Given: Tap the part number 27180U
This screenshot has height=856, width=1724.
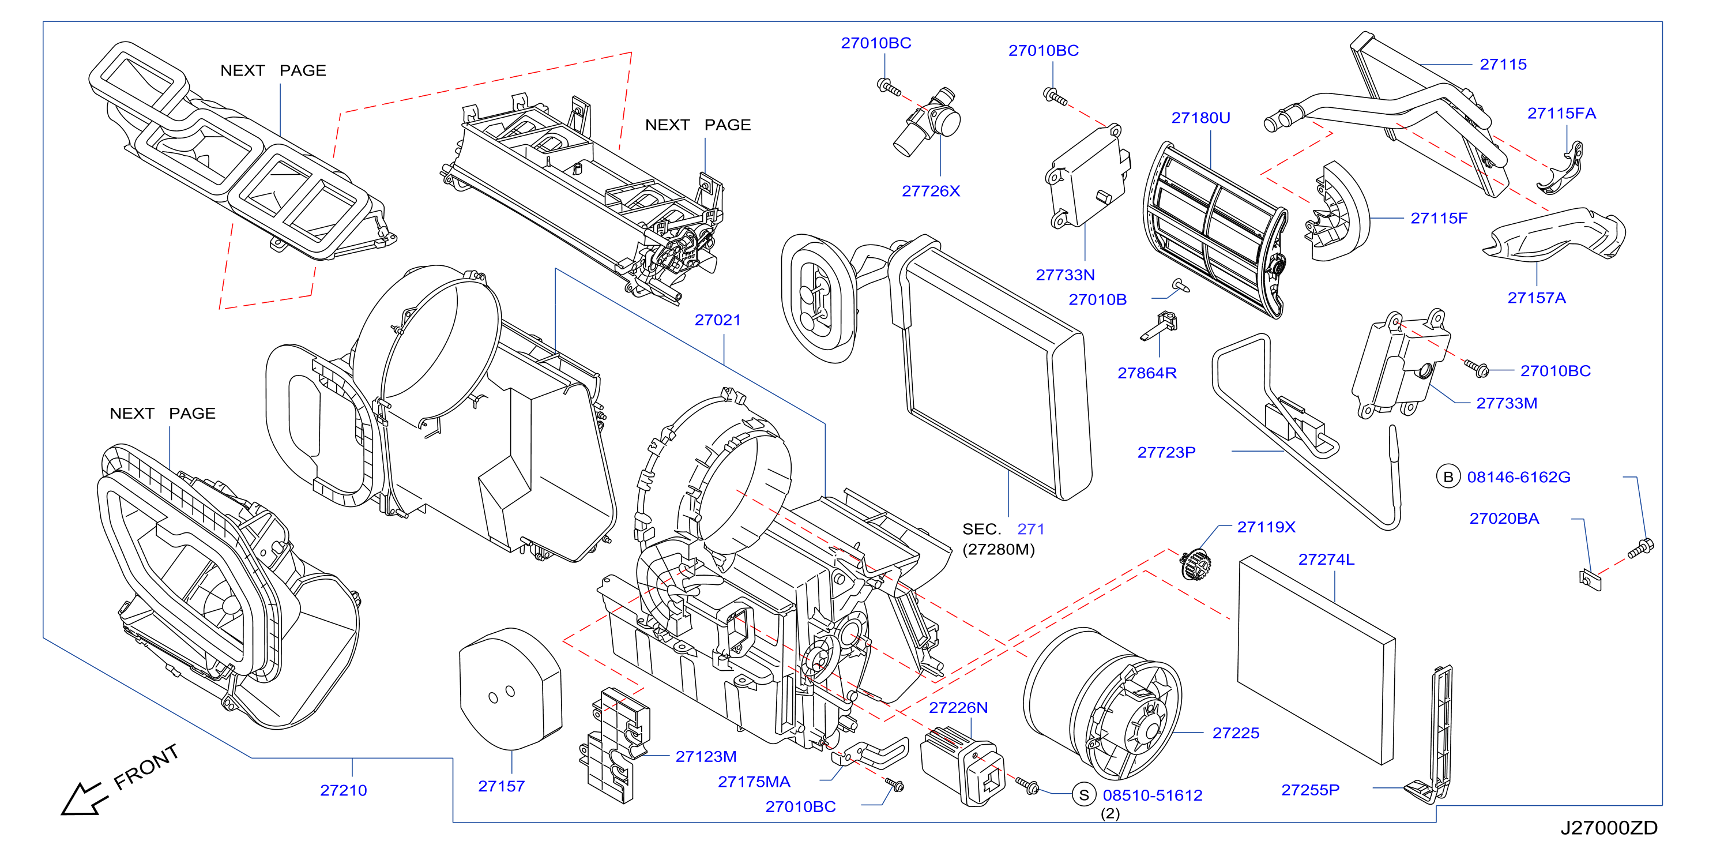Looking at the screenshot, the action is click(1200, 118).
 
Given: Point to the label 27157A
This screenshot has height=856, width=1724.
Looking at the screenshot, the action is click(1536, 298).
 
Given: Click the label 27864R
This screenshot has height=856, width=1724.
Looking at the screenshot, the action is click(1146, 373).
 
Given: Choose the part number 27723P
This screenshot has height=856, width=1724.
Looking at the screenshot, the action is click(1166, 452).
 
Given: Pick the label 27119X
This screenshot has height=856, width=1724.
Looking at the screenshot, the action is click(1266, 527).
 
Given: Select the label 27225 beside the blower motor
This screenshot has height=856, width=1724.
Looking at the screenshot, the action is click(1236, 733).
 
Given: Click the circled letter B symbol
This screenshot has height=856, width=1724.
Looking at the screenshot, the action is click(1448, 476).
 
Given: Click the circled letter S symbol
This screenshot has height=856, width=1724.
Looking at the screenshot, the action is click(1083, 795).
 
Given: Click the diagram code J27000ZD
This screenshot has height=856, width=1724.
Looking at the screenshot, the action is click(1609, 828).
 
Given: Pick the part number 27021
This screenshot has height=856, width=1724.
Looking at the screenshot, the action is click(717, 320).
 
